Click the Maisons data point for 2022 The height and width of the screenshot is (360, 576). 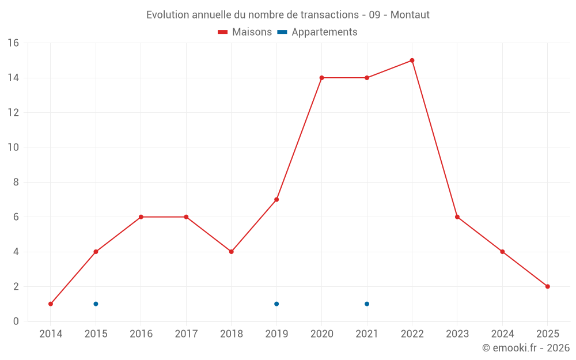click(412, 60)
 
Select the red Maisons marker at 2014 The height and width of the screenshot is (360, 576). click(51, 304)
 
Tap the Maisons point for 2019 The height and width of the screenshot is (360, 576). click(276, 199)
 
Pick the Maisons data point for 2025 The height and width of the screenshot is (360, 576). click(547, 286)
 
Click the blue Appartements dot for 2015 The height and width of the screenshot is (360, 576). click(96, 304)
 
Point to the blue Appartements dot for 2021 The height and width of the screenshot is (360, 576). click(367, 304)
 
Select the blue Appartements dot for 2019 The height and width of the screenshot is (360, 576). click(276, 304)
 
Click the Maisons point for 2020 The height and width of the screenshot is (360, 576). click(321, 78)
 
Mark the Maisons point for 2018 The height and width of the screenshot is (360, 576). click(231, 252)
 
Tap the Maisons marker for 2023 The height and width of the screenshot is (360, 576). click(457, 217)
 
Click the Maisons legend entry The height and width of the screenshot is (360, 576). click(245, 32)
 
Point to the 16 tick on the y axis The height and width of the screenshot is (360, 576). click(13, 43)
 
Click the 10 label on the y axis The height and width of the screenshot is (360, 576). click(13, 147)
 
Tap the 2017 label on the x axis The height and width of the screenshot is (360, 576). click(186, 334)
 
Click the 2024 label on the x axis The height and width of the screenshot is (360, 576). click(502, 334)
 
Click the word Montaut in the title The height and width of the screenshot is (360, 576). click(410, 15)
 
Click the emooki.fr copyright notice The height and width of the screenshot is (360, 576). click(526, 348)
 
